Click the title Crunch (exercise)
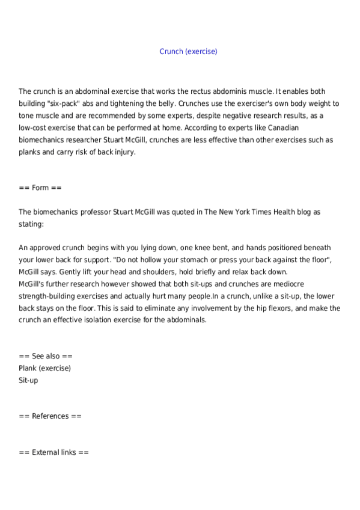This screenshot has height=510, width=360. click(x=188, y=52)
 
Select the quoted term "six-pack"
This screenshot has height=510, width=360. click(x=67, y=103)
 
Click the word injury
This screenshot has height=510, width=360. click(x=124, y=152)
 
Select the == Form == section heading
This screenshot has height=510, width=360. click(x=40, y=188)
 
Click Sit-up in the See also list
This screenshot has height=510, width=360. click(x=28, y=380)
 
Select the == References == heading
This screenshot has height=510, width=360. click(x=50, y=416)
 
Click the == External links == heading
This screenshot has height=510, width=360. click(x=53, y=452)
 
